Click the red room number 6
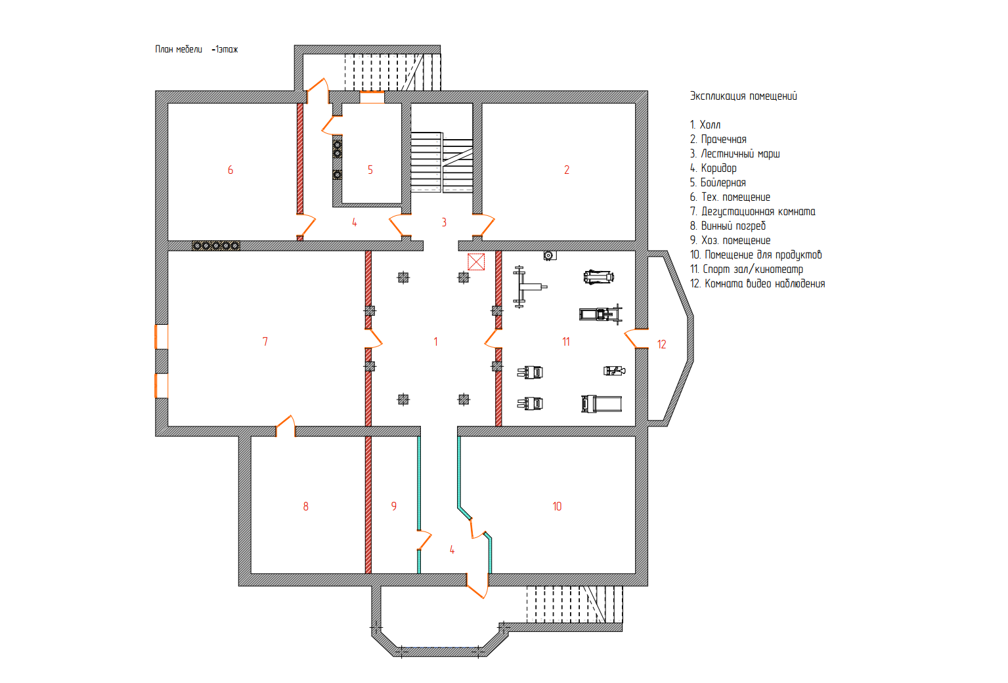(x=230, y=170)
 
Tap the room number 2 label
(x=567, y=170)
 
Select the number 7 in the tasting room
(x=265, y=342)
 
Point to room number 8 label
(x=306, y=507)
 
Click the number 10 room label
(x=557, y=507)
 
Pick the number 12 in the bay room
(x=661, y=344)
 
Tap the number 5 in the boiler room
(x=370, y=170)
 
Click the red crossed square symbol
(x=476, y=262)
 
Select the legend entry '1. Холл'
(x=705, y=125)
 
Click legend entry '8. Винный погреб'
(x=728, y=226)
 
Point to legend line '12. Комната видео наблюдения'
(x=757, y=283)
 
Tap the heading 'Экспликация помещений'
(x=743, y=96)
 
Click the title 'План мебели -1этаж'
(x=196, y=49)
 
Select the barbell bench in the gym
(x=529, y=287)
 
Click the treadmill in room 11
(x=602, y=404)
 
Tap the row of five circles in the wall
(x=216, y=245)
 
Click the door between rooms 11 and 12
(x=636, y=339)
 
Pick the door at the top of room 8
(x=285, y=426)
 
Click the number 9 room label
(x=394, y=507)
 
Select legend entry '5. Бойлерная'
(x=718, y=182)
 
